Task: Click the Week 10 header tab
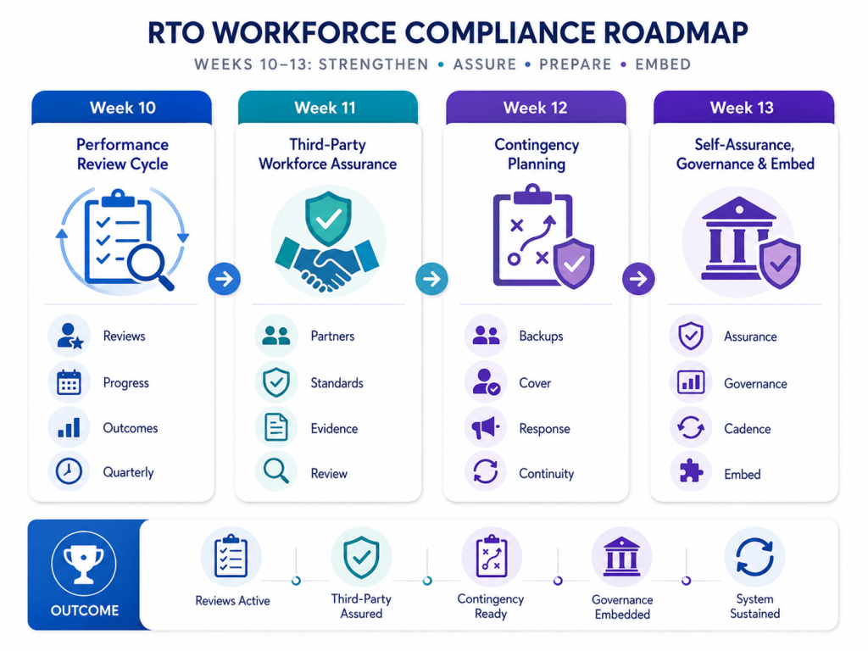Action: [x=122, y=108]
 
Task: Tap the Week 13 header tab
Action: [x=743, y=108]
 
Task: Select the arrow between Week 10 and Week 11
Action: [x=224, y=278]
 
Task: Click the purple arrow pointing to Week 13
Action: [x=638, y=278]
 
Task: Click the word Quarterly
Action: [x=129, y=472]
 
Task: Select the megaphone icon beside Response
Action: [x=486, y=427]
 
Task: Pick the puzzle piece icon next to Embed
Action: [x=691, y=471]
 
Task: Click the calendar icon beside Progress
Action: [x=69, y=382]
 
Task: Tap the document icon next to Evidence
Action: [x=275, y=427]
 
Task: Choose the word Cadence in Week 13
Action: [x=748, y=429]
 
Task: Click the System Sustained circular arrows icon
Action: [x=754, y=557]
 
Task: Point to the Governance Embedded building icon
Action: [x=621, y=556]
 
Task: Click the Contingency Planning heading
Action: [x=537, y=154]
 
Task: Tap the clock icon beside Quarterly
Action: [x=69, y=471]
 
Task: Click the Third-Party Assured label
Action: [x=361, y=606]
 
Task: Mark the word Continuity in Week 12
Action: [x=547, y=474]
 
